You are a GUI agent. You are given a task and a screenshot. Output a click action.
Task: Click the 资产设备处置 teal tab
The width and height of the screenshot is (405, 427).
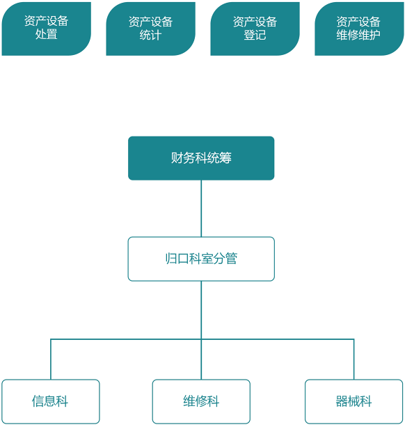click(x=46, y=29)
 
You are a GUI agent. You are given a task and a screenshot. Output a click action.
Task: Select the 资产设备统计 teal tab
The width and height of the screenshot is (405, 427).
click(x=150, y=29)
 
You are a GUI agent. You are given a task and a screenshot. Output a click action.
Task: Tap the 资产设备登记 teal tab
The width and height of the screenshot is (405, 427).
click(x=255, y=29)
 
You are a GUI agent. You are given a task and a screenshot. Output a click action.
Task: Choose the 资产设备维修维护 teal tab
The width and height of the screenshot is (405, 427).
click(x=359, y=29)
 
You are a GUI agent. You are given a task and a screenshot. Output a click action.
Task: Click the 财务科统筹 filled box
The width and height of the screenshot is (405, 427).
click(x=201, y=158)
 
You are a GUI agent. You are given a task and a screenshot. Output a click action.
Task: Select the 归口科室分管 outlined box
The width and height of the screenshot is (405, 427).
click(x=201, y=259)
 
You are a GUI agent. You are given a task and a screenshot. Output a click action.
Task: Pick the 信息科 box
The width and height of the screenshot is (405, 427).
click(x=50, y=402)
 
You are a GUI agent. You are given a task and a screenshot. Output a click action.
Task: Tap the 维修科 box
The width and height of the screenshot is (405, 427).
click(x=201, y=402)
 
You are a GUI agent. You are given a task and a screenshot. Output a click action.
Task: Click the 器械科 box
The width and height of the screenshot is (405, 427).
click(x=354, y=402)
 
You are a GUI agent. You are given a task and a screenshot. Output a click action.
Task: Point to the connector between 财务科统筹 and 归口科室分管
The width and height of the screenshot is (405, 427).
click(x=201, y=208)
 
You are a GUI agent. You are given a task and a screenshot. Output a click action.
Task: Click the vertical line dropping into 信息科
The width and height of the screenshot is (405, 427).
click(x=50, y=359)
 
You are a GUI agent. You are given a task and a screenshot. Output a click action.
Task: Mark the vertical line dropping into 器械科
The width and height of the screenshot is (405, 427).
click(x=354, y=359)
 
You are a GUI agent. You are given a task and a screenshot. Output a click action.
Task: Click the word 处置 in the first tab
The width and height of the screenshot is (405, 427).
click(x=46, y=35)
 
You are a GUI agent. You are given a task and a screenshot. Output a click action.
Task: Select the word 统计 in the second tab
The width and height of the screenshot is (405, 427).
click(x=150, y=35)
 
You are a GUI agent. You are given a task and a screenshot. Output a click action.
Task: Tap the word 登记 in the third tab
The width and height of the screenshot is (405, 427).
click(x=255, y=35)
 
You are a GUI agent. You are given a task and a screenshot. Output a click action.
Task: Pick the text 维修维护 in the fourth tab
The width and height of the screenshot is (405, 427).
click(x=359, y=35)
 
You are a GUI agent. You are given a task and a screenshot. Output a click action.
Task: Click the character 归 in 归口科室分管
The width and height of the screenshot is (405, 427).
click(x=171, y=259)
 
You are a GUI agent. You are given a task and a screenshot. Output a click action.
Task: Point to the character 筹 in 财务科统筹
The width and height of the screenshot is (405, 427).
click(x=225, y=158)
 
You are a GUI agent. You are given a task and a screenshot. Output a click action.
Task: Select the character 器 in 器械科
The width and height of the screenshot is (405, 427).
click(x=342, y=402)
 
